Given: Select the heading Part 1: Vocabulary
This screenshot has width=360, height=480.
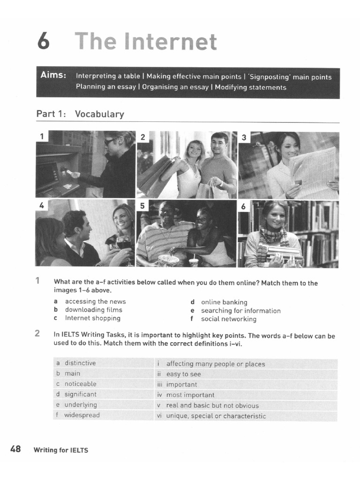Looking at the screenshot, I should (80, 114).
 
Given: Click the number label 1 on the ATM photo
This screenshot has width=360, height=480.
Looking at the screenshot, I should (42, 137).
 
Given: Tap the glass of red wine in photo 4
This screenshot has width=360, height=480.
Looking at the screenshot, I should (124, 244).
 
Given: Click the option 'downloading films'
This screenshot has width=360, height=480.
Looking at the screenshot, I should (93, 310).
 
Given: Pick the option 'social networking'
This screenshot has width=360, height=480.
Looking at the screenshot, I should (228, 319).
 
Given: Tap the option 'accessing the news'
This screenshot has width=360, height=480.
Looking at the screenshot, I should (95, 301).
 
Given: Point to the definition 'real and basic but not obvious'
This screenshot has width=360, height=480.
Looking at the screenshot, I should (212, 405).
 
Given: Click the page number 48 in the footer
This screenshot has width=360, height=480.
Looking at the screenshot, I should (15, 449).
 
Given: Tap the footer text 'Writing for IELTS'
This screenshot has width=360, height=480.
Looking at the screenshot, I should (60, 450).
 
